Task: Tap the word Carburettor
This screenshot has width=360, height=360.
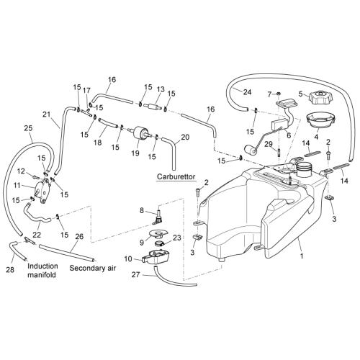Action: (x=176, y=177)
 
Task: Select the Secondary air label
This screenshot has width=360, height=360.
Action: (x=92, y=268)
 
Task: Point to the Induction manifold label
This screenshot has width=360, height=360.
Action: (x=42, y=270)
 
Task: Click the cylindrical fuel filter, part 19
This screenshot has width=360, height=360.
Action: (x=140, y=132)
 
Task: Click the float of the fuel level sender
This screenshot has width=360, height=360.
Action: (x=251, y=150)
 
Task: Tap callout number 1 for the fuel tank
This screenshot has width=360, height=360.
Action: (x=302, y=256)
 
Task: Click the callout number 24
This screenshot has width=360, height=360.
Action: (x=247, y=92)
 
